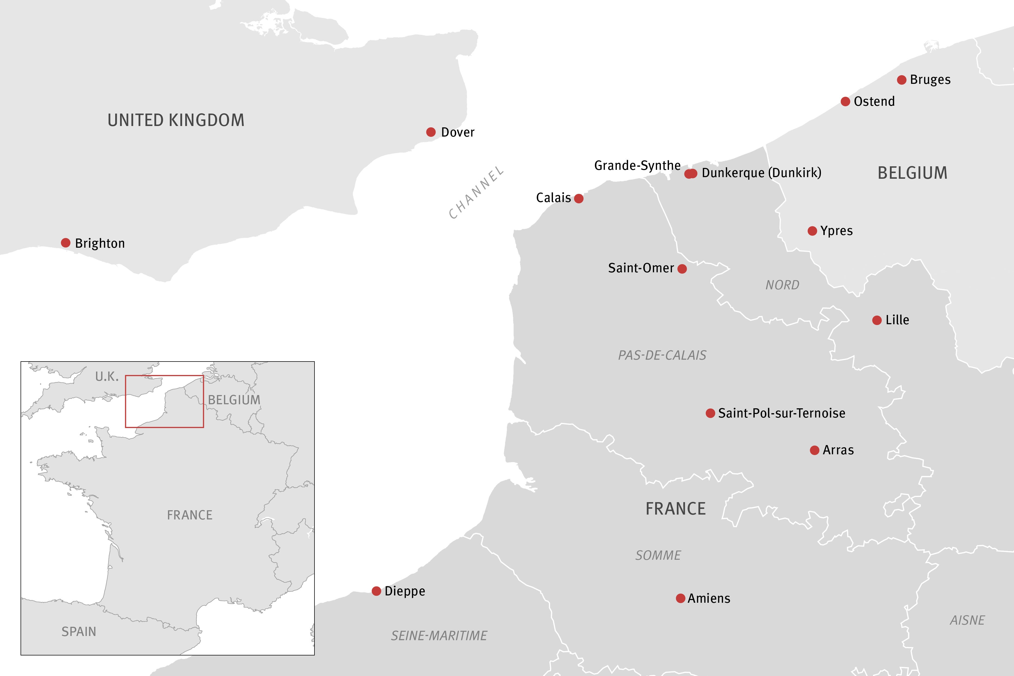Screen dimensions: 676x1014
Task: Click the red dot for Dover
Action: coord(431,132)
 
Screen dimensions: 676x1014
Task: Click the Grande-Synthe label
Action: coord(637,165)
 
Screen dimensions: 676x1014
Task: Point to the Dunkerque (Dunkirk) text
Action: coord(761,173)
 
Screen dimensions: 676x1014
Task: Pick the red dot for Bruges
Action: coord(902,80)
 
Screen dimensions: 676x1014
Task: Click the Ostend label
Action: coord(874,101)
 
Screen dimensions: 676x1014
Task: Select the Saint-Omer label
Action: coord(641,268)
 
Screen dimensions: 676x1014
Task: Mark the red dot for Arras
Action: coord(814,450)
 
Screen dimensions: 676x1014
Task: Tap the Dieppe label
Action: coord(405,591)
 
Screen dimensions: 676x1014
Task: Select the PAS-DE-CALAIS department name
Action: coord(662,355)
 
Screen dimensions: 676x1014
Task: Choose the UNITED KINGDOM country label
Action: coord(176,120)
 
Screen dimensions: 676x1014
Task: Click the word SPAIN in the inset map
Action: coord(79,632)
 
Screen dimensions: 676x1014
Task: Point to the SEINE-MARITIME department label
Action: coord(439,635)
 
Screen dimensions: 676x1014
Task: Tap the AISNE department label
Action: coord(967,620)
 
